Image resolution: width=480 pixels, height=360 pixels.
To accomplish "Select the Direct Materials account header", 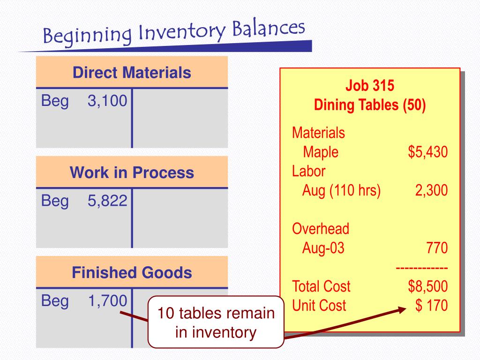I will click(x=132, y=73).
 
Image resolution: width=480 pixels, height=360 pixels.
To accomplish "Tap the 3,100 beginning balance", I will click(x=107, y=101).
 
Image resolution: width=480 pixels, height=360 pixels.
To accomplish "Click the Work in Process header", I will click(x=132, y=172).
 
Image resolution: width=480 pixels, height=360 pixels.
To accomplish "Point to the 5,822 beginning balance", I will click(x=107, y=201).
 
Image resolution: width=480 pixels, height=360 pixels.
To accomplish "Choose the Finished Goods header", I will click(x=132, y=272).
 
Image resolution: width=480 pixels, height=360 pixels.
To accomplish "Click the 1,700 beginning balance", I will click(x=107, y=301).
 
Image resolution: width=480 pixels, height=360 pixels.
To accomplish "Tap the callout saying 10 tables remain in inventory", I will click(x=216, y=322).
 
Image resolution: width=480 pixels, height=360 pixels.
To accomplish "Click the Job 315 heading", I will click(x=370, y=86).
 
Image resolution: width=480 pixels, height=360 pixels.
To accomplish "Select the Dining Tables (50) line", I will click(x=370, y=105).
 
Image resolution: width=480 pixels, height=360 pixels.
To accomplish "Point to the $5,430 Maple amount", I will click(x=427, y=152).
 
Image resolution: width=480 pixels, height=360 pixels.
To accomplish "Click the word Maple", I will click(x=321, y=152).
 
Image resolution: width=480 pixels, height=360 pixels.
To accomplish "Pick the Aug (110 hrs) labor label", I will click(x=341, y=190).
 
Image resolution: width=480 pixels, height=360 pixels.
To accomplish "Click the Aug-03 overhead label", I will click(x=323, y=248).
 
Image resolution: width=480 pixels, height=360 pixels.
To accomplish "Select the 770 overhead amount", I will click(x=437, y=248).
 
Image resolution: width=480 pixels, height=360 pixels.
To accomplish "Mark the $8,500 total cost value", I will click(x=427, y=286).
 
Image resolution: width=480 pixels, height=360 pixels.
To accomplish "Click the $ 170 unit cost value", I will click(x=431, y=306).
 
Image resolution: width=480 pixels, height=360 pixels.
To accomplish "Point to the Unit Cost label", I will click(x=319, y=306).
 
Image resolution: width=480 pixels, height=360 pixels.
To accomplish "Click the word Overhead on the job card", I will click(x=321, y=229).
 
